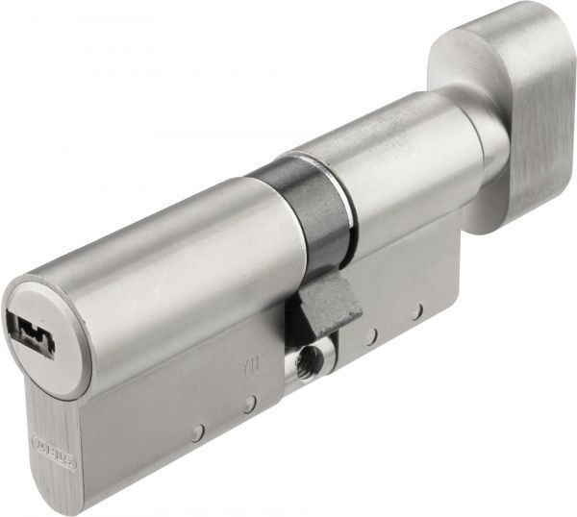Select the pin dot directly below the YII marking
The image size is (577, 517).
pyautogui.click(x=248, y=405)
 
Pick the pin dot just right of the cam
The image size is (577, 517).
pyautogui.click(x=370, y=337)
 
